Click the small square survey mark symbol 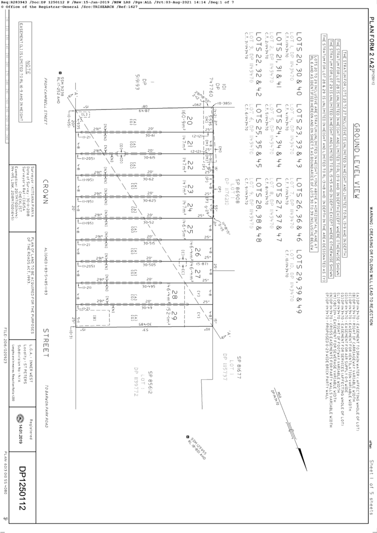pos(188,437)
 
